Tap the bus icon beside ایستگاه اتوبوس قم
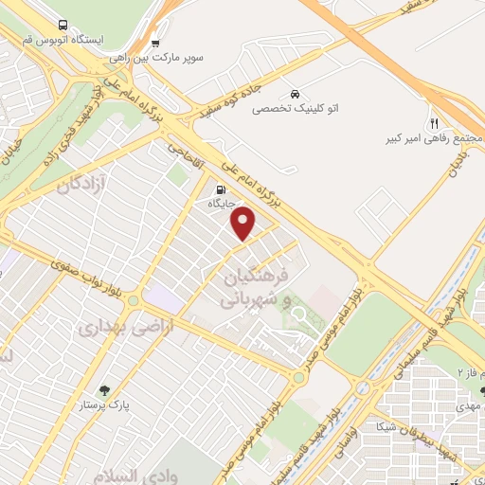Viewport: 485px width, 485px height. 63,26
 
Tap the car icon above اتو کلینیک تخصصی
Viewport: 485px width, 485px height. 296,94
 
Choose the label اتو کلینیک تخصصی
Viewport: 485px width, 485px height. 296,109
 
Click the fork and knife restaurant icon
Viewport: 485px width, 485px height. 434,123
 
